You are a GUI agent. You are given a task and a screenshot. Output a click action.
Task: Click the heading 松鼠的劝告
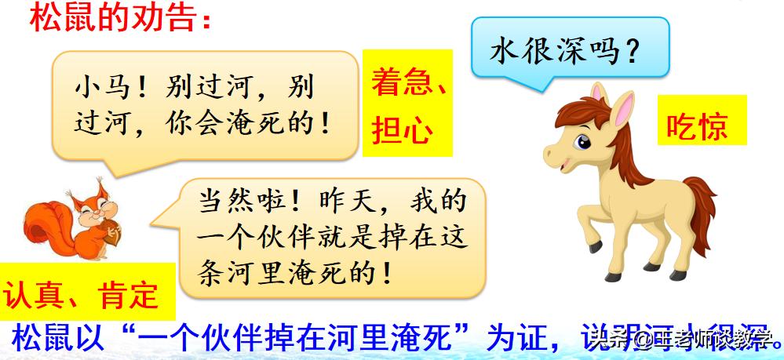118,17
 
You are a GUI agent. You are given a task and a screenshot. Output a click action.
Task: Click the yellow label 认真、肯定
82,296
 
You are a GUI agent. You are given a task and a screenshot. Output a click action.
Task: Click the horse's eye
583,143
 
